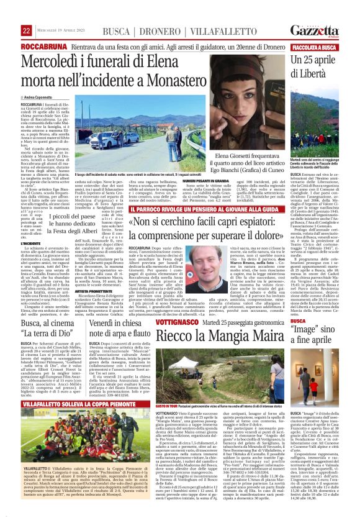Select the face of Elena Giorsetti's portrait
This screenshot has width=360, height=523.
[255, 106]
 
